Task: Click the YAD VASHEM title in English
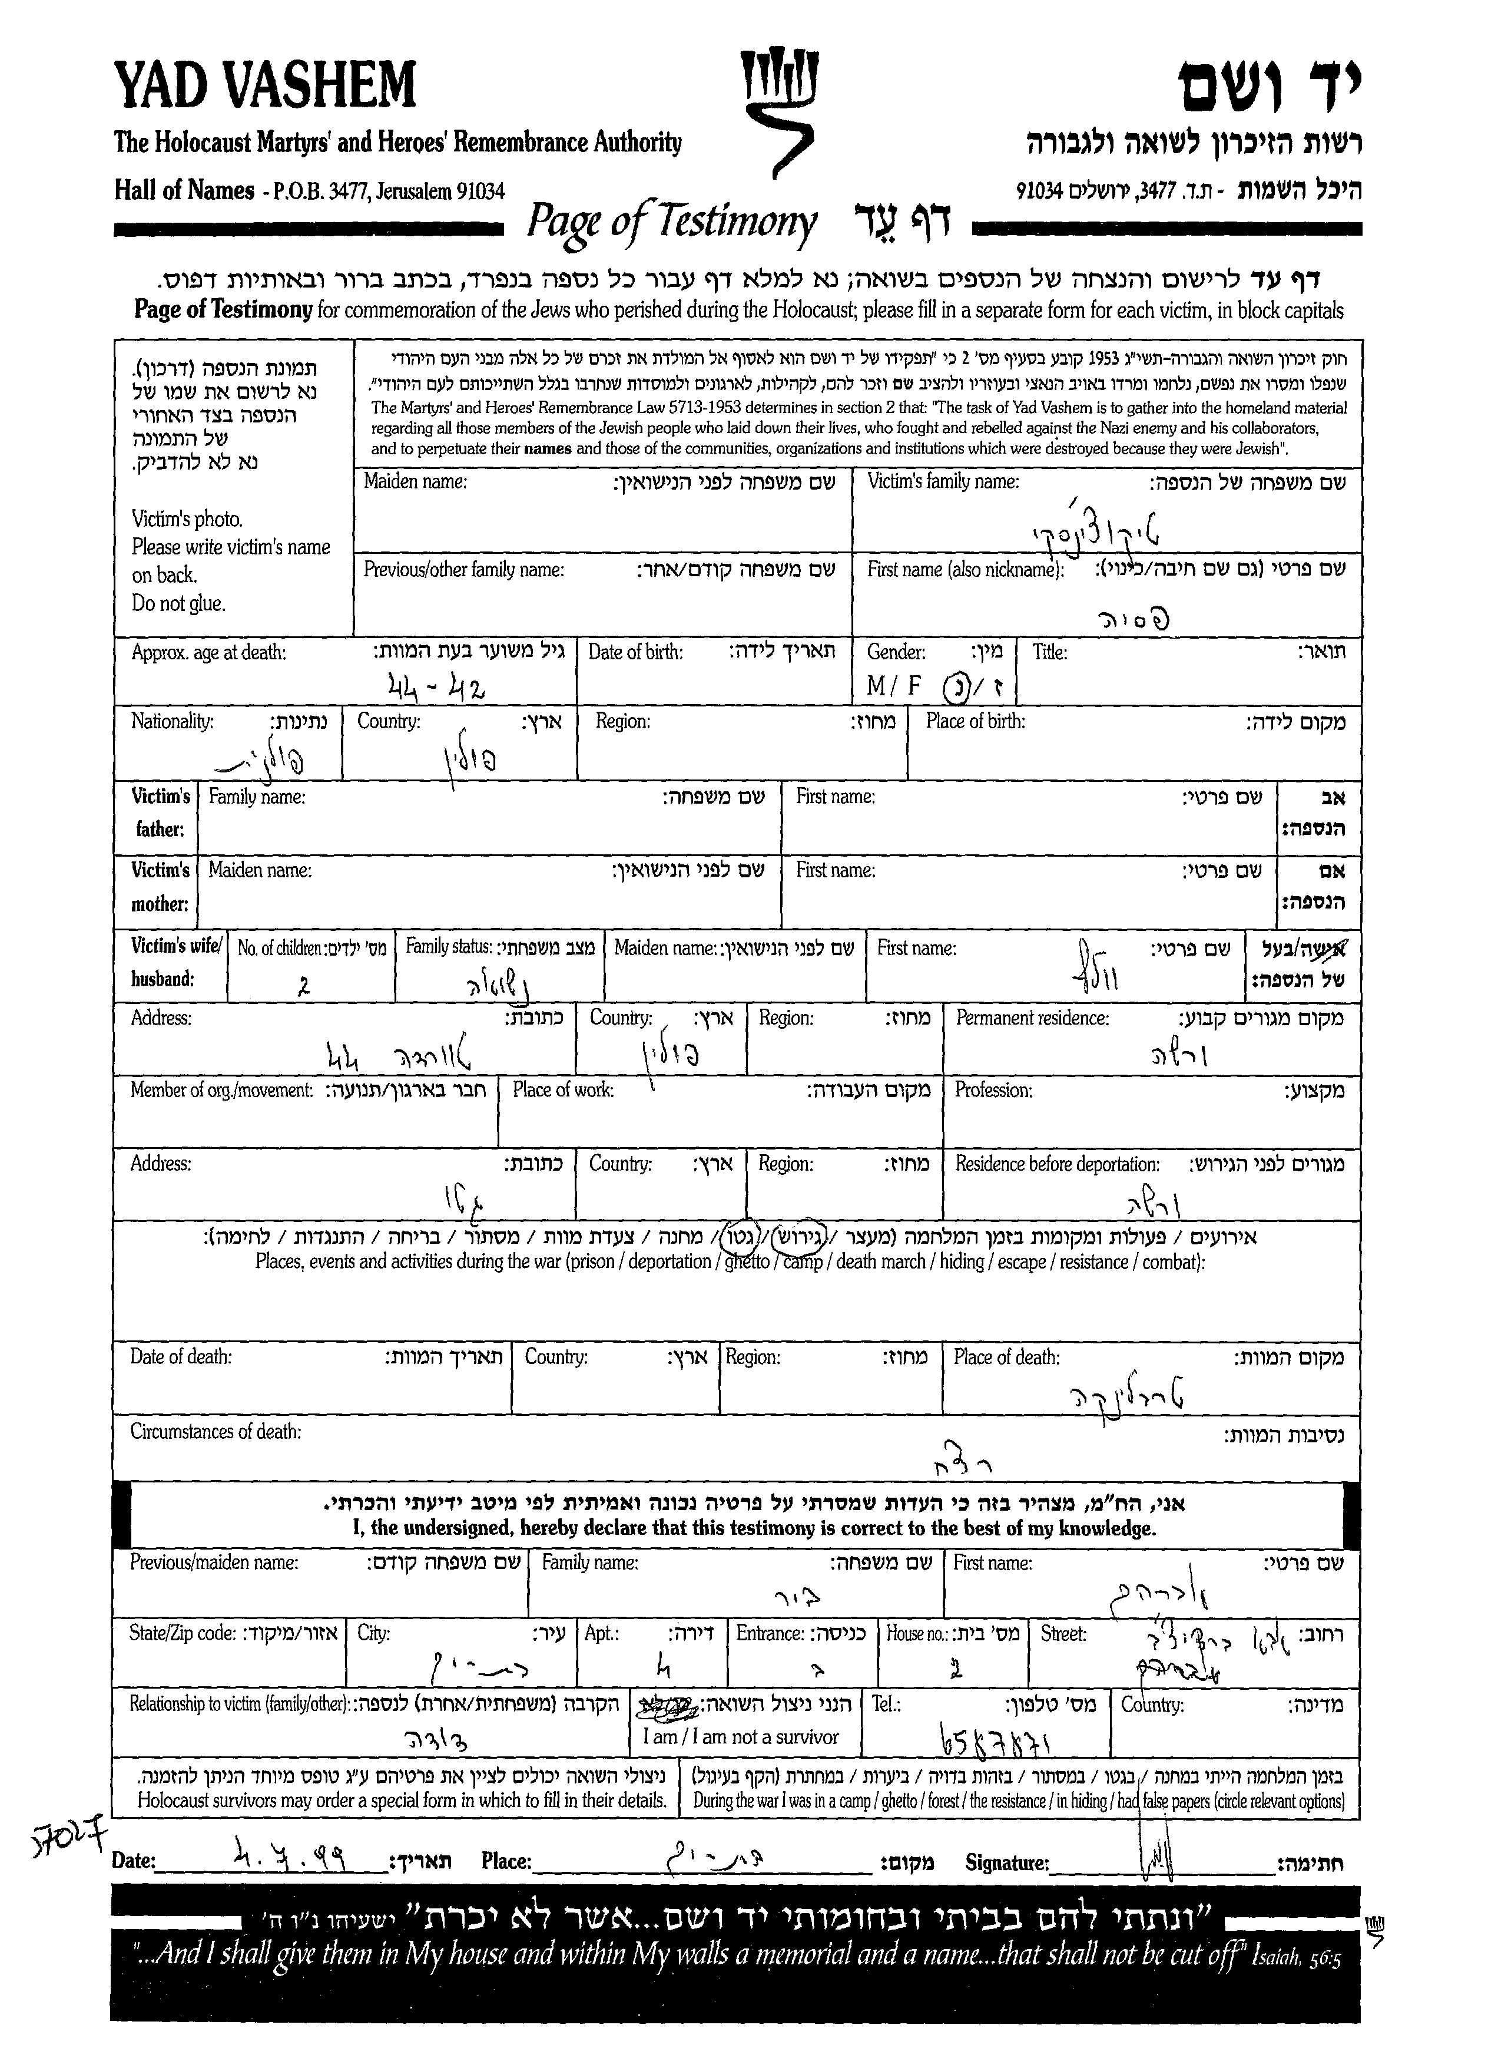coord(265,86)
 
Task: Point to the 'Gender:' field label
coord(896,652)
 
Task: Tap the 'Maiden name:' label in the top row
coord(415,481)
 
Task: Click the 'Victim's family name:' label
coord(943,481)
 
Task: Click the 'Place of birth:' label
coord(975,721)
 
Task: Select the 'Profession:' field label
coord(993,1090)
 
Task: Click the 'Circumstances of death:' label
coord(216,1432)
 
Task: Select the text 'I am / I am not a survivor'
coord(740,1737)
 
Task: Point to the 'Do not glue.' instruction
coord(178,603)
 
